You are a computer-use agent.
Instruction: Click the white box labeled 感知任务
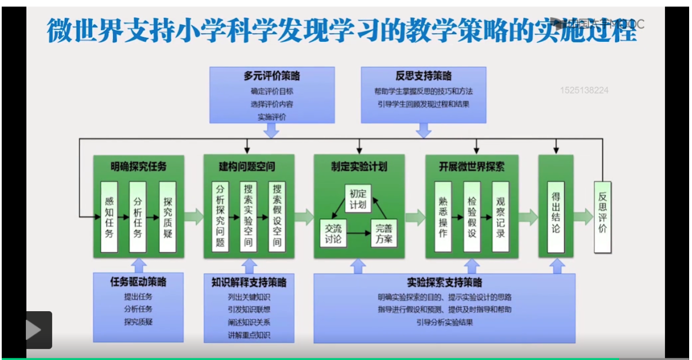(x=109, y=217)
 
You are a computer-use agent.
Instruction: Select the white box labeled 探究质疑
(x=168, y=217)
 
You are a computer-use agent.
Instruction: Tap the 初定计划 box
(x=358, y=198)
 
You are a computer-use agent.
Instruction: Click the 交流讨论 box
(x=333, y=233)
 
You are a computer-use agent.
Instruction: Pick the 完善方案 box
(x=384, y=233)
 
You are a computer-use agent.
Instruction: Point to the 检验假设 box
(x=472, y=217)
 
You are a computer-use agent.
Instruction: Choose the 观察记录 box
(x=500, y=217)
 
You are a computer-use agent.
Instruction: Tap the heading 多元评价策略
(x=271, y=76)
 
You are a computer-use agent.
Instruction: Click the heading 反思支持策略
(x=423, y=76)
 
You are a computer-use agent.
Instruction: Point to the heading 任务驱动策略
(x=138, y=282)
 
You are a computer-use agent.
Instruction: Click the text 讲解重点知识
(x=248, y=335)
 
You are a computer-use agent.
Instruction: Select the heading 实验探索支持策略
(x=445, y=282)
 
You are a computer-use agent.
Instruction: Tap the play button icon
(x=33, y=330)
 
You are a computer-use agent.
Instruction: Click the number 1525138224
(x=584, y=91)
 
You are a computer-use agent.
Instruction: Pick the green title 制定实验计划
(x=359, y=167)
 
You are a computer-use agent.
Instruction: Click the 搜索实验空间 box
(x=248, y=217)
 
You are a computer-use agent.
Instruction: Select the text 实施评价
(x=271, y=117)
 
